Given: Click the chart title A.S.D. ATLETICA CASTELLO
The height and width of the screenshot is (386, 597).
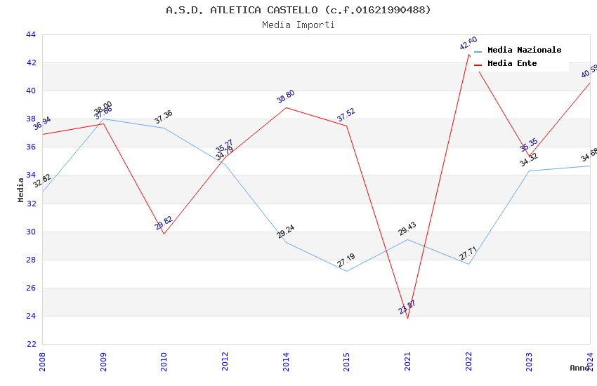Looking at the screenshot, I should pos(298,10).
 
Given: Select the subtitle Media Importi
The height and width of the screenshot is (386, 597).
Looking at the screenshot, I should pos(298,25).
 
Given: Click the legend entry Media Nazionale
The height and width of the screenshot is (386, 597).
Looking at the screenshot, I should pos(524,51).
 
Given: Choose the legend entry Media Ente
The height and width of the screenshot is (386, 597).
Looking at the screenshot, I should pos(511,64).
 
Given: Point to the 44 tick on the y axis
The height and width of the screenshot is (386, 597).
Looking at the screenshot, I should pos(30,34).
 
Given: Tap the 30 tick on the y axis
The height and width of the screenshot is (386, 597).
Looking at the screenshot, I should pos(30,232).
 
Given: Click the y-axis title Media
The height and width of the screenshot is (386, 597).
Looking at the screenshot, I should pos(21,189).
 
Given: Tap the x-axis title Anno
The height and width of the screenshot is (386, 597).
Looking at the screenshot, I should pos(579,368).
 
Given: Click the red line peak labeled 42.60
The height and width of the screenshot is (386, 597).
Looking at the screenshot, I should pos(468,54).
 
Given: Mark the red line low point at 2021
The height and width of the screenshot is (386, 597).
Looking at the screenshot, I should pos(407,318).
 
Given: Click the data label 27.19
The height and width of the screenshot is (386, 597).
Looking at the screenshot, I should pos(346,260).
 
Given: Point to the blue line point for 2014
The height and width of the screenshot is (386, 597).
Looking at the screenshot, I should pos(286,242).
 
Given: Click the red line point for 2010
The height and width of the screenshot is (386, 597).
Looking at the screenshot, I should pos(164,234).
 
